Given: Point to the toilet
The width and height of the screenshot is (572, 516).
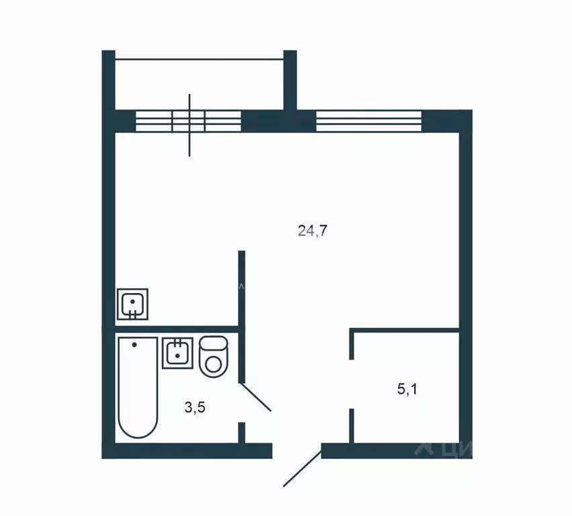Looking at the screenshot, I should point(214,357).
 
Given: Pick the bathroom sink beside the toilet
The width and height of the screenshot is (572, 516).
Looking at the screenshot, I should point(177,353).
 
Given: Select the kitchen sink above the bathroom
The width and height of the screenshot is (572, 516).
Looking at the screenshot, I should point(133,304).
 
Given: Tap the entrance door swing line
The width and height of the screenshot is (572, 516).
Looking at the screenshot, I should point(302,468).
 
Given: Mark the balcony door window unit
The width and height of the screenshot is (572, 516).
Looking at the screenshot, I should point(188,121).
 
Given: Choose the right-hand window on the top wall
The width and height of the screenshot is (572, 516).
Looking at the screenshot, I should point(368,121).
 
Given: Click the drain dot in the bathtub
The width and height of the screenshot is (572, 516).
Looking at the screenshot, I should point(134,345).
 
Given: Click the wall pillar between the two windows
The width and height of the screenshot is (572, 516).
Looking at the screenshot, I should point(278,121).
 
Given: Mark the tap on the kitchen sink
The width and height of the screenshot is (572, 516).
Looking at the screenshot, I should point(133,313).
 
